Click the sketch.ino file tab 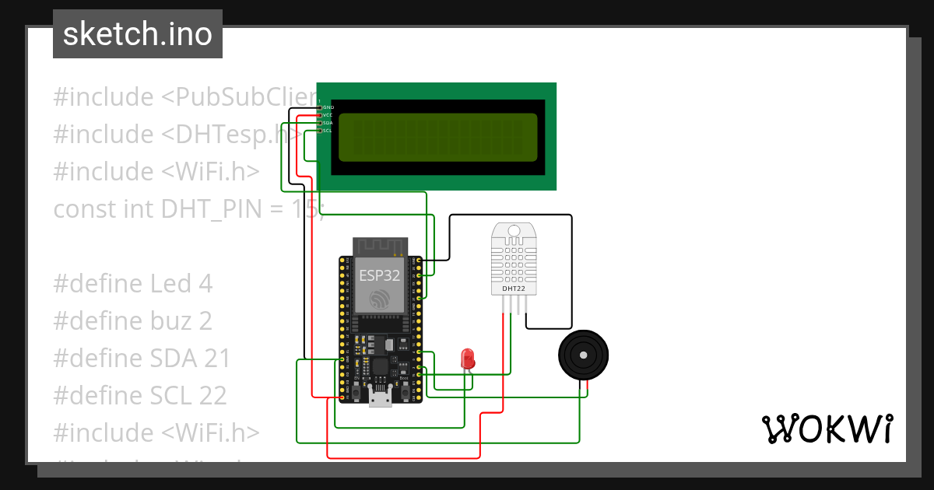[x=137, y=34]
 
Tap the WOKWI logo [x=827, y=429]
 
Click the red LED [x=468, y=359]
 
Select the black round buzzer [x=583, y=356]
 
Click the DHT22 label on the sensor [x=513, y=289]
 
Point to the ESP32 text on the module [x=379, y=274]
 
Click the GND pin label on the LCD [x=328, y=107]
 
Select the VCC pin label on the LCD [x=328, y=115]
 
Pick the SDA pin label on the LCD [x=328, y=123]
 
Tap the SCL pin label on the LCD [x=328, y=131]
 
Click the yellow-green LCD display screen [x=438, y=137]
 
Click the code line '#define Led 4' [x=132, y=284]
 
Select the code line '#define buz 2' [x=132, y=321]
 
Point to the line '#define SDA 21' [x=142, y=359]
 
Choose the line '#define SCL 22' [x=140, y=396]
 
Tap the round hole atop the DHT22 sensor [x=513, y=230]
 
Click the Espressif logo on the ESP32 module [x=379, y=299]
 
